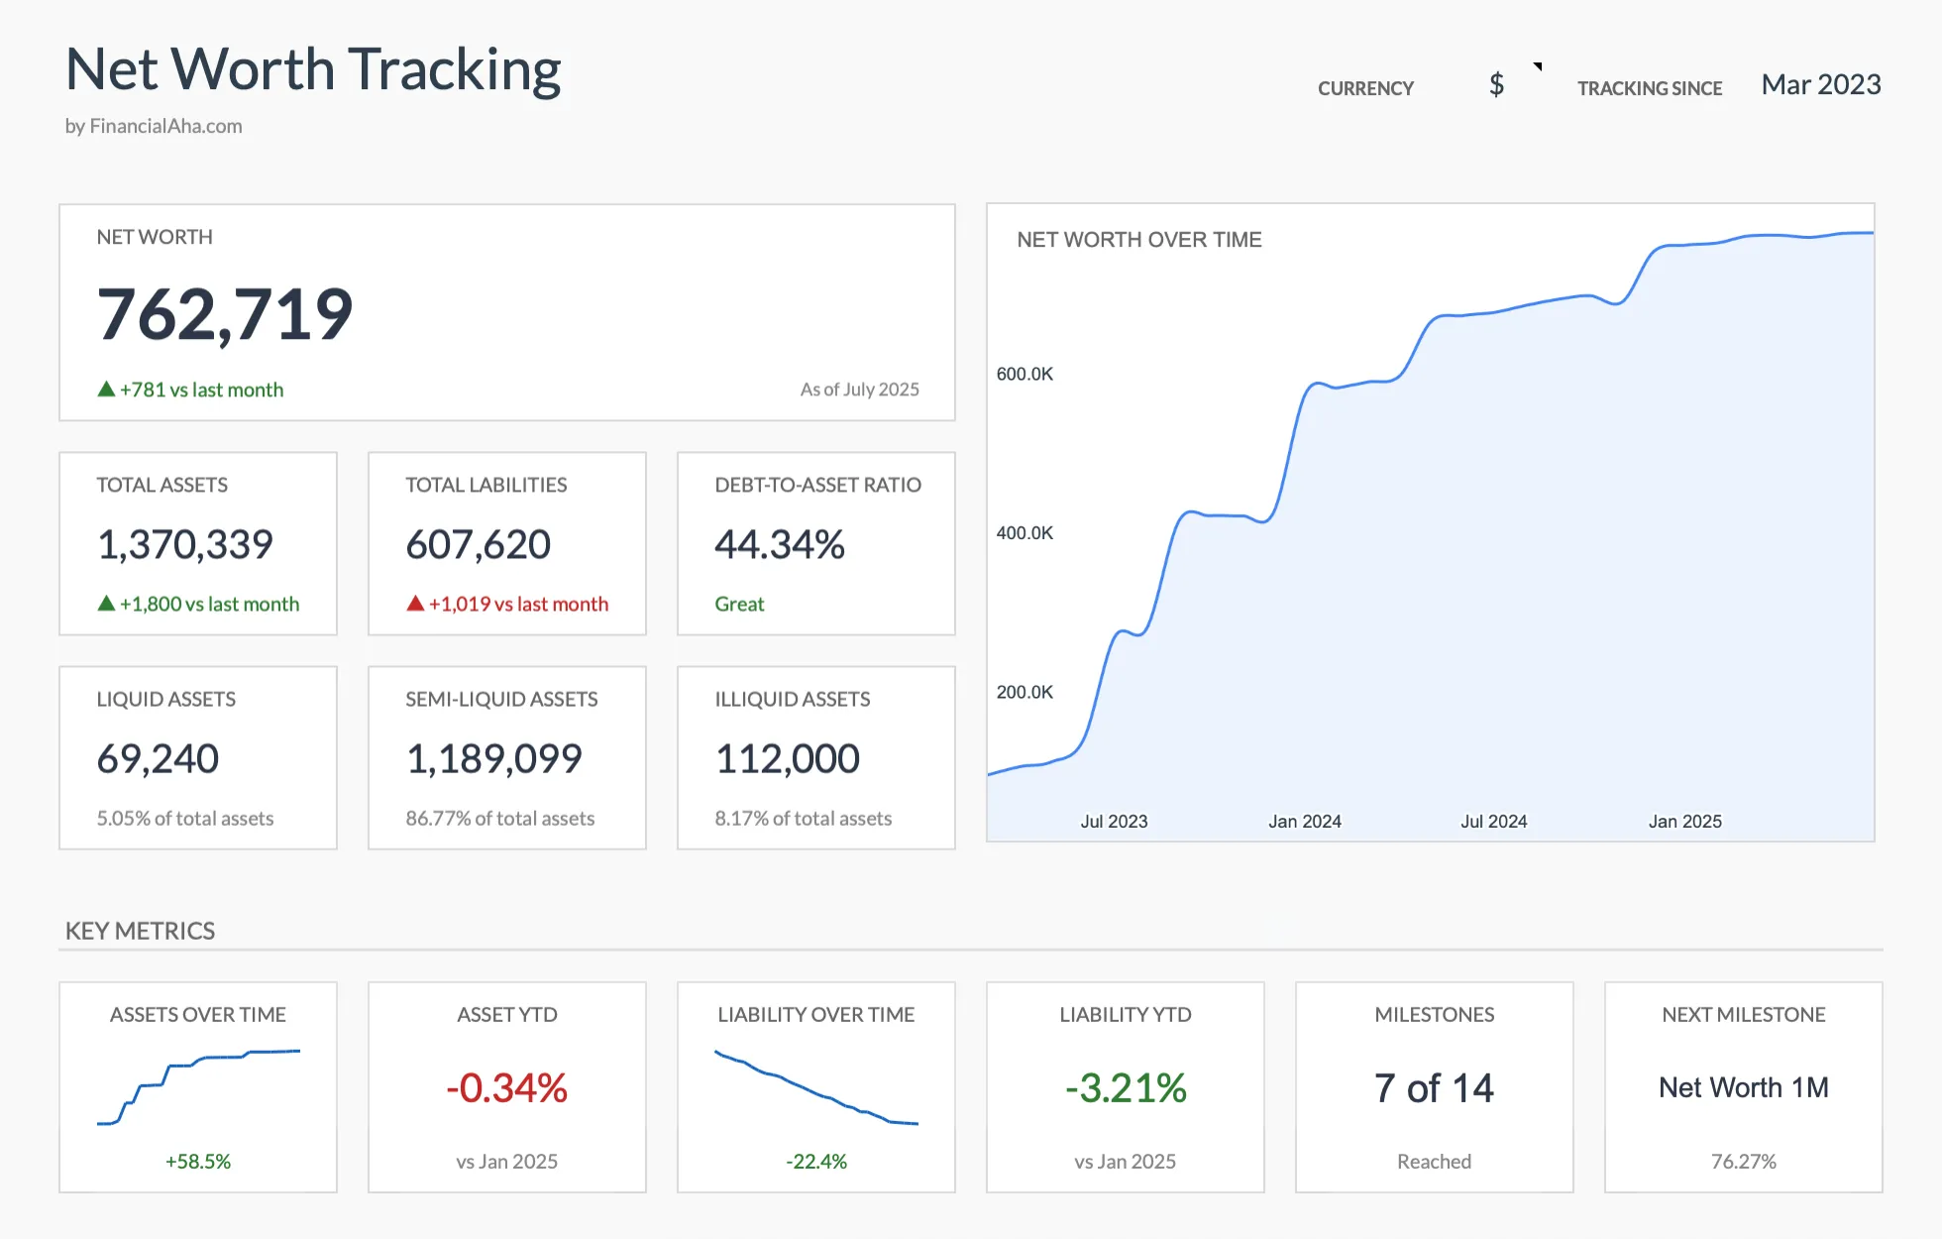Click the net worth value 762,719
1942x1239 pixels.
coord(225,315)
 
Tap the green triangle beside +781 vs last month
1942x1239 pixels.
coord(106,390)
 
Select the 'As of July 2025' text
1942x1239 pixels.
coord(859,390)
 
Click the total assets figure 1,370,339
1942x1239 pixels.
coord(185,544)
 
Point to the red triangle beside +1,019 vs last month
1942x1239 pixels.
coord(415,604)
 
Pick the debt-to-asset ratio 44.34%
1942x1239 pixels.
coord(780,544)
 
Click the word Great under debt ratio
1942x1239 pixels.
coord(739,604)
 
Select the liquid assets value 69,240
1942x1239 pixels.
coord(158,758)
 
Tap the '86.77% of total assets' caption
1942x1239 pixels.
coord(499,818)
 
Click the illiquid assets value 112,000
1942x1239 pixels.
coord(788,758)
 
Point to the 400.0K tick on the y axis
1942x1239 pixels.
coord(1025,533)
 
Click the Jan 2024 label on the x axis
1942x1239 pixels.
coord(1304,822)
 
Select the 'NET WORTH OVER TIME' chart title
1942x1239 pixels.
coord(1138,240)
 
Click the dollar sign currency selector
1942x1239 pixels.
coord(1496,85)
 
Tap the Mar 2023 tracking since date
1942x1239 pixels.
coord(1820,85)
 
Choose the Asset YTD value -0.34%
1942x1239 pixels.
coord(506,1088)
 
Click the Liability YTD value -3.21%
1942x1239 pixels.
coord(1126,1088)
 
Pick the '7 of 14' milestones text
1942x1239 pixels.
coord(1434,1088)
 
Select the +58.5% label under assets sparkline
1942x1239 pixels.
coord(198,1161)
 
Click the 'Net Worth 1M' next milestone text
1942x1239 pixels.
coord(1743,1087)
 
